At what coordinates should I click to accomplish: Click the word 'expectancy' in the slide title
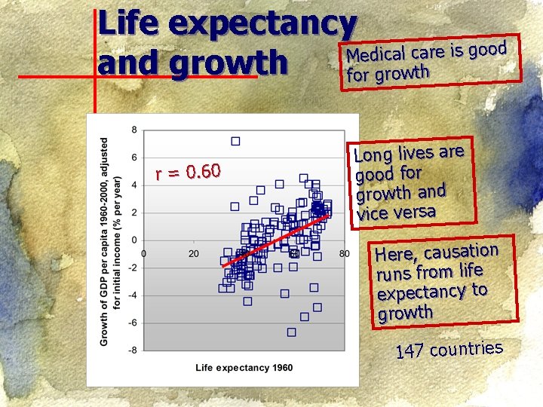(x=263, y=25)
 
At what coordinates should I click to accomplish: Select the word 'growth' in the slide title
(x=229, y=63)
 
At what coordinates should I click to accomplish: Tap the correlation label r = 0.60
(x=188, y=172)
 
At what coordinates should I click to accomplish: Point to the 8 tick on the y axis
(x=134, y=130)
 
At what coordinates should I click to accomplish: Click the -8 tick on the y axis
(x=133, y=350)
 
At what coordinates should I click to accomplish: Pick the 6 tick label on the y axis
(x=134, y=158)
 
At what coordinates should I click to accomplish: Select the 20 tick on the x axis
(x=194, y=254)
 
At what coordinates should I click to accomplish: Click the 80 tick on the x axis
(x=344, y=254)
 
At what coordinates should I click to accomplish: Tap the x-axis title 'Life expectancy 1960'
(x=244, y=368)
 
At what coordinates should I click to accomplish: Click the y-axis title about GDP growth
(x=111, y=242)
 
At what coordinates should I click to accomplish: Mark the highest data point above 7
(x=235, y=141)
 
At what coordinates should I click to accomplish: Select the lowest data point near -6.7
(x=292, y=332)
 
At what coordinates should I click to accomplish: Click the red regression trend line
(x=275, y=240)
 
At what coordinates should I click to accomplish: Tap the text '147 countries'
(x=449, y=350)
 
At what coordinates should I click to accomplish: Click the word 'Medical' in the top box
(x=376, y=55)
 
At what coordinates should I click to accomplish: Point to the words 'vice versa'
(x=396, y=212)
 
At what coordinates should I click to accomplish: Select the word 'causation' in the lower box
(x=462, y=252)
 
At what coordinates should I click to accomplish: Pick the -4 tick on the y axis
(x=133, y=295)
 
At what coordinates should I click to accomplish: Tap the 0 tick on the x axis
(x=144, y=254)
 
